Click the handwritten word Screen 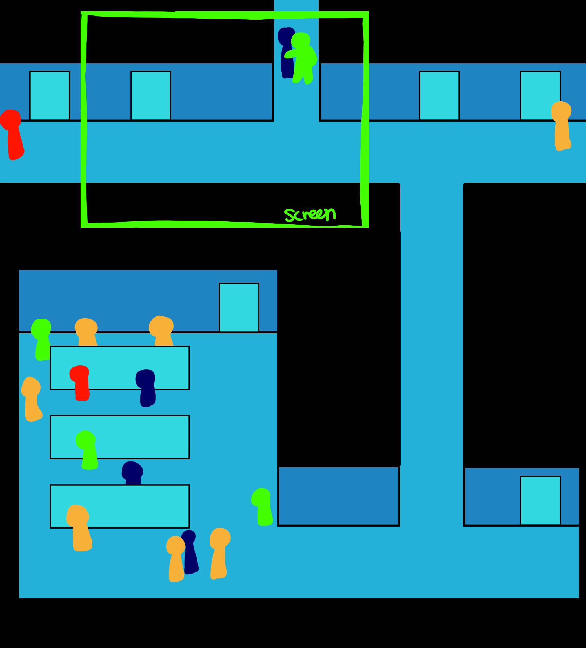pyautogui.click(x=310, y=214)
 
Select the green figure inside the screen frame pyautogui.click(x=303, y=58)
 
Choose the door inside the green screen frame pyautogui.click(x=151, y=96)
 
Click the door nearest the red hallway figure pyautogui.click(x=50, y=96)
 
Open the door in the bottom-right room pyautogui.click(x=540, y=500)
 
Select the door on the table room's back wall pyautogui.click(x=239, y=307)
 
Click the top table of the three pyautogui.click(x=119, y=368)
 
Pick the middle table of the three pyautogui.click(x=119, y=437)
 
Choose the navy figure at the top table pyautogui.click(x=146, y=388)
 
